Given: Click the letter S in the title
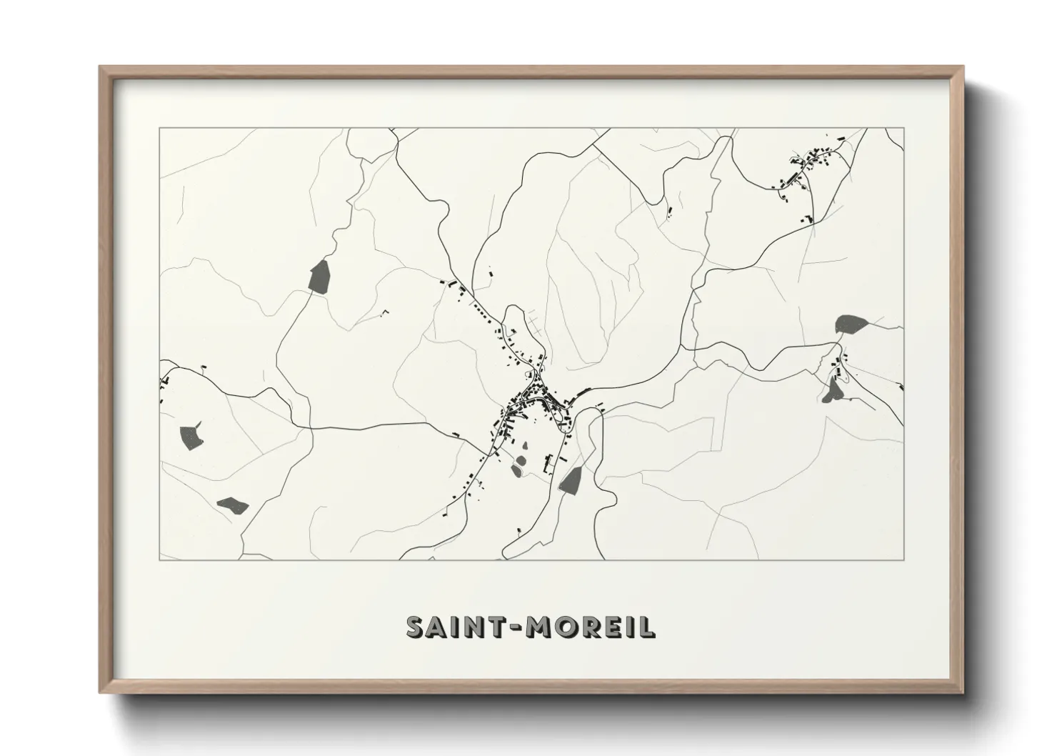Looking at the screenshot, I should [x=418, y=627].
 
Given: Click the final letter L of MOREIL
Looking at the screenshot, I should [x=647, y=627].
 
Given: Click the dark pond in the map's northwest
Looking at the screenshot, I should [x=319, y=276].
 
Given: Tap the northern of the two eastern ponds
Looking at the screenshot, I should [x=851, y=324].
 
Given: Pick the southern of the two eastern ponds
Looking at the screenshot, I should [x=832, y=390].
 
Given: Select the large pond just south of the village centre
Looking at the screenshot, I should [x=570, y=481].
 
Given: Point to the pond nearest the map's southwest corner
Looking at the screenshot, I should [x=232, y=505].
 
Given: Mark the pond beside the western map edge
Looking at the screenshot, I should [x=190, y=436].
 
